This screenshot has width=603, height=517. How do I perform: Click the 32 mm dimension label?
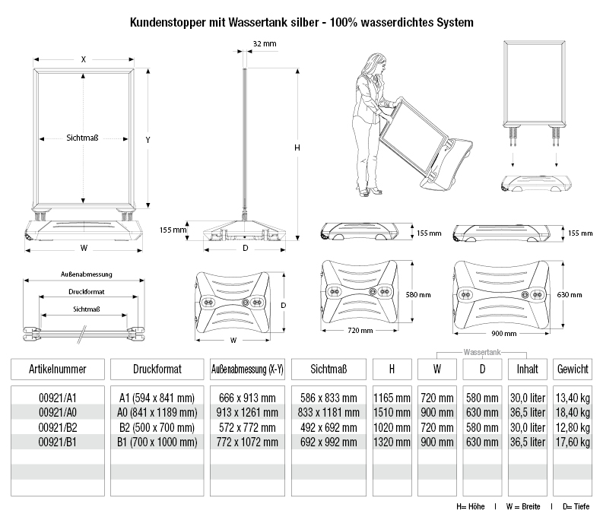tap(265, 43)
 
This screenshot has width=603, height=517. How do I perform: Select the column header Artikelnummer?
tap(57, 369)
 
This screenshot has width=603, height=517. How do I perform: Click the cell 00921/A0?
tap(57, 412)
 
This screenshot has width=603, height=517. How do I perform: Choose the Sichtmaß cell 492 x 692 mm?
tap(328, 426)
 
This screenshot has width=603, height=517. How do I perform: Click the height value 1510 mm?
tap(392, 412)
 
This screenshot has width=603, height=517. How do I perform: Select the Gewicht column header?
tap(572, 369)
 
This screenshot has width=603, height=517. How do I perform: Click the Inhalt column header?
tap(527, 369)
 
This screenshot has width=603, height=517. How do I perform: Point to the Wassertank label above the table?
tap(484, 352)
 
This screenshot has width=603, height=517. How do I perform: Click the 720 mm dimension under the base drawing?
tap(361, 331)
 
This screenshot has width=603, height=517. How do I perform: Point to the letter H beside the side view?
tap(297, 147)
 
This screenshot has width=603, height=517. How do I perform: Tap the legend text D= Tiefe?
tap(579, 506)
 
